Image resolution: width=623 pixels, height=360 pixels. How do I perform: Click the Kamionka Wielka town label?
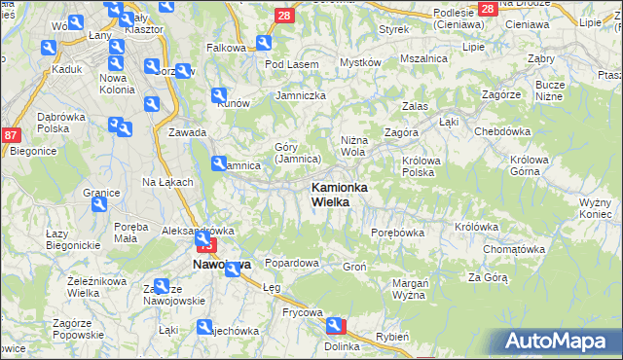(x=338, y=194)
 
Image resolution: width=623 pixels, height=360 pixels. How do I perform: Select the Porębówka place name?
(x=397, y=233)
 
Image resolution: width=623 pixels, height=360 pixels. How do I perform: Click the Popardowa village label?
(x=292, y=263)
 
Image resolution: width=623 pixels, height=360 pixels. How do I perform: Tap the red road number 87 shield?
(x=11, y=137)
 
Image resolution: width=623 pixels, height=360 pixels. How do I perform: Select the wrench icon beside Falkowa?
(x=264, y=43)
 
